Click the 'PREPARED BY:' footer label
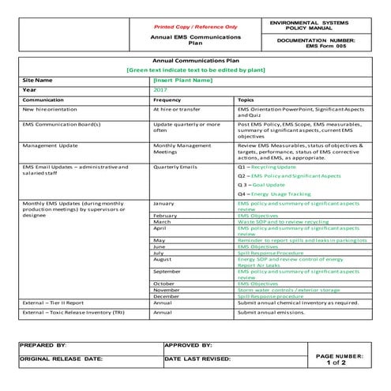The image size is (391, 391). pyautogui.click(x=44, y=346)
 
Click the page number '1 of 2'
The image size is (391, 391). pyautogui.click(x=339, y=363)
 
